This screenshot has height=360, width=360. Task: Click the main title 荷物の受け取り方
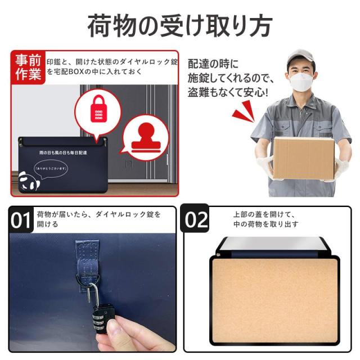pos(180,25)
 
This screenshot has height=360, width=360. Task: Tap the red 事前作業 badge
pos(28,67)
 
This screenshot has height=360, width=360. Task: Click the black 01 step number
pos(22,219)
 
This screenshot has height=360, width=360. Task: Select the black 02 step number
pos(196,219)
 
